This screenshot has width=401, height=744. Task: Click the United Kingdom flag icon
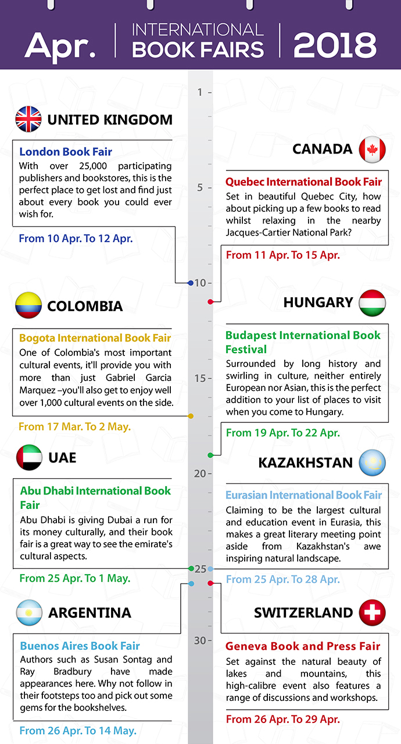click(28, 119)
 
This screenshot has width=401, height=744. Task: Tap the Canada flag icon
click(373, 149)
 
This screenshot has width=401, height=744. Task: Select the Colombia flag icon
click(28, 306)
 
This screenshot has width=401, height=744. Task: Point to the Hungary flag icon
click(373, 302)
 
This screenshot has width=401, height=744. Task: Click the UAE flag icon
click(28, 457)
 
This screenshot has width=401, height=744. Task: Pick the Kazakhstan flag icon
click(373, 462)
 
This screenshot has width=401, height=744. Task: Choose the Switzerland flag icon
click(373, 613)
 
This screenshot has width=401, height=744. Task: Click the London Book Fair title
click(66, 152)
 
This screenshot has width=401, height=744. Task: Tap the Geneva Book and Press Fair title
click(303, 646)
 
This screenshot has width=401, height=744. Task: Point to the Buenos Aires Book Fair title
click(80, 646)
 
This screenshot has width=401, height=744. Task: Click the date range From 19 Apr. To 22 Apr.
click(282, 433)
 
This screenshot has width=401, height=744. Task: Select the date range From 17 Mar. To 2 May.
click(74, 426)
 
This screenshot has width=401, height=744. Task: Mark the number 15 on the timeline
click(200, 378)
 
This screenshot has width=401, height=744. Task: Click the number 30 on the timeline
click(200, 640)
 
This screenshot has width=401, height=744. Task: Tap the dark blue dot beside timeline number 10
click(191, 283)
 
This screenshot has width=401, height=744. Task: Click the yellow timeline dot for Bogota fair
click(191, 416)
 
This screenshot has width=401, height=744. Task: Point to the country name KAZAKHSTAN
click(305, 462)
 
